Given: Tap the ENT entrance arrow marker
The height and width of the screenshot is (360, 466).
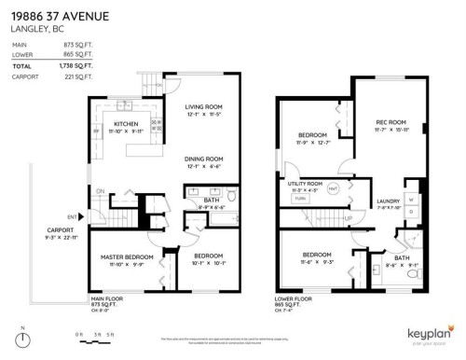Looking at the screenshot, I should pos(83,216).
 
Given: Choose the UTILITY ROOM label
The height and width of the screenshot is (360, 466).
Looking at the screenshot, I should pos(305,184).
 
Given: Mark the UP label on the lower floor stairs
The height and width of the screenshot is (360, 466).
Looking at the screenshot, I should pos(348,217).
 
